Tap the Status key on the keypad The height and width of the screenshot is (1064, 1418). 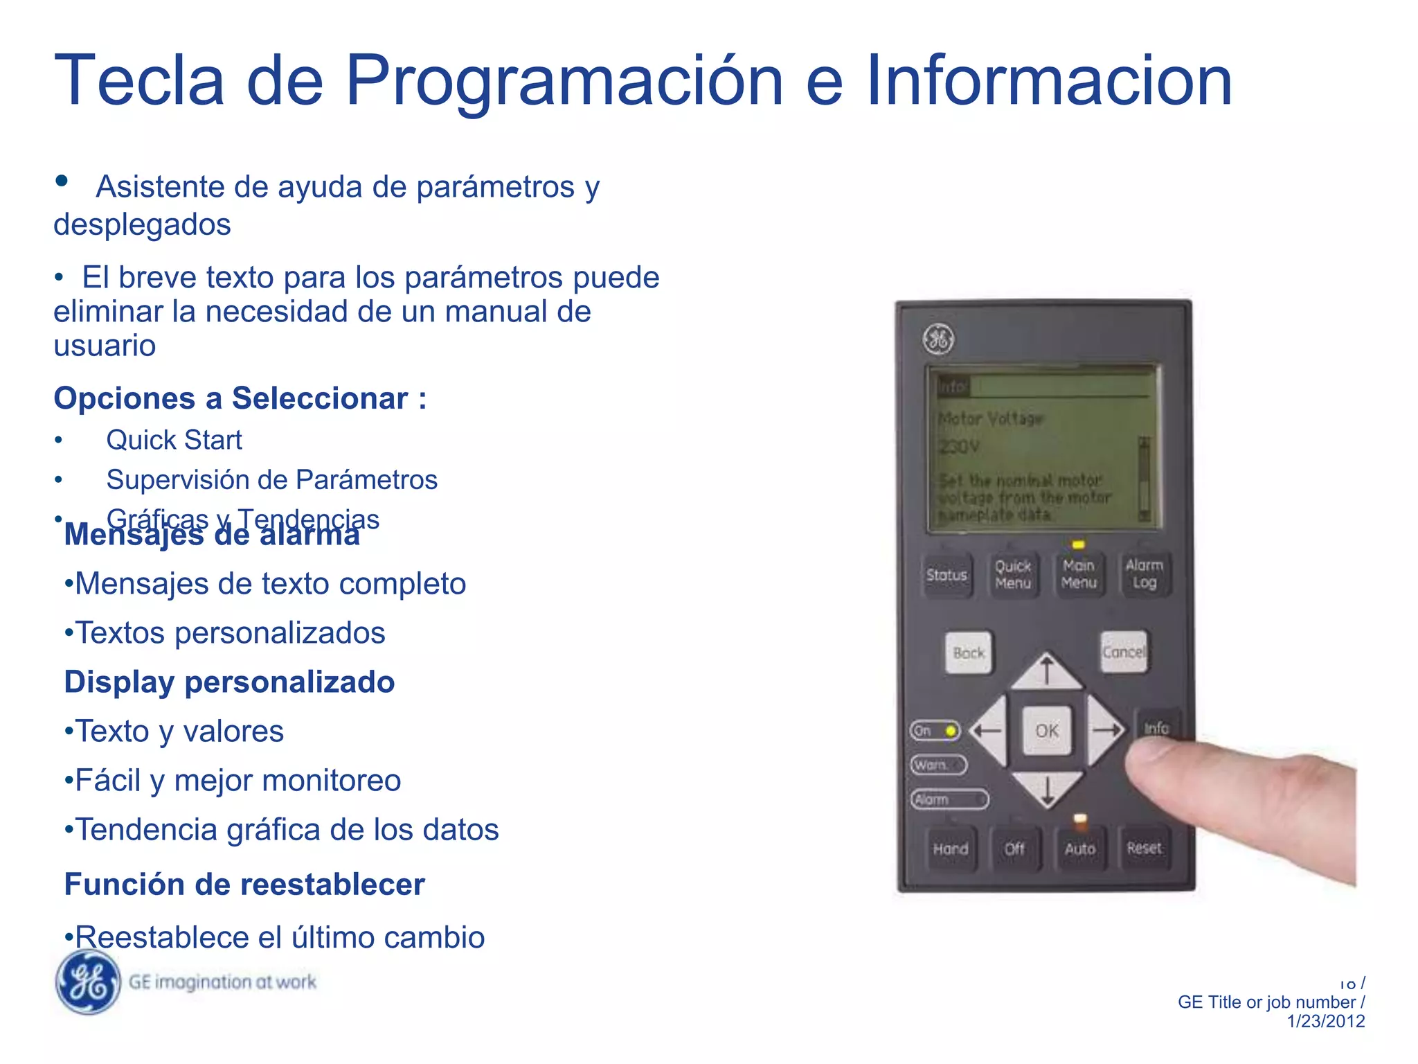[x=946, y=575]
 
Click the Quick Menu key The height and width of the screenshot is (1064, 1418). [x=1012, y=575]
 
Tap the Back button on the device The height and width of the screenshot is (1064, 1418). [x=969, y=653]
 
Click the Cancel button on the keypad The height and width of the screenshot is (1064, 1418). [x=1123, y=652]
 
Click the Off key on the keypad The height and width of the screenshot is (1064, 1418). [x=1014, y=849]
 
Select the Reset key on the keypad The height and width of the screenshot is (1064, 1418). [x=1144, y=848]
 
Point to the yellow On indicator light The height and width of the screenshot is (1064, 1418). [x=951, y=731]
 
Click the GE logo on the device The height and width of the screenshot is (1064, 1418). [x=938, y=339]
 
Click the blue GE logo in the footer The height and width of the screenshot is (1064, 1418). [x=88, y=982]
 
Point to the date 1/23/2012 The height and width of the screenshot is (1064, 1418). [x=1325, y=1021]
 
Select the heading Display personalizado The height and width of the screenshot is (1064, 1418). [x=229, y=682]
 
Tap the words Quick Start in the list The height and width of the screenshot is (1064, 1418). [x=174, y=441]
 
